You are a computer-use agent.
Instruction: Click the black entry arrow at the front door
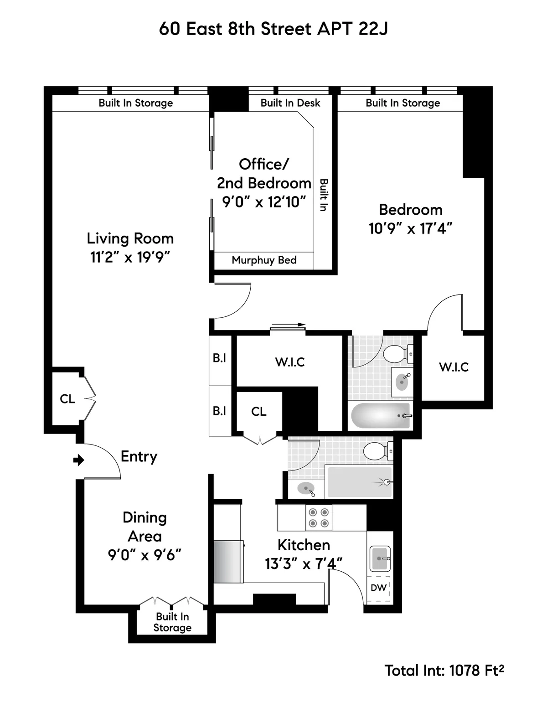click(x=79, y=460)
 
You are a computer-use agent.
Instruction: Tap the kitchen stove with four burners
click(x=318, y=517)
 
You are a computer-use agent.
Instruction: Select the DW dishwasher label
click(x=378, y=588)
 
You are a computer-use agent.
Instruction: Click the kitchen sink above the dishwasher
click(x=380, y=558)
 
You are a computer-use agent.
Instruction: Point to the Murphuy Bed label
click(x=264, y=260)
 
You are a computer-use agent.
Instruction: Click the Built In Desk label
click(x=290, y=103)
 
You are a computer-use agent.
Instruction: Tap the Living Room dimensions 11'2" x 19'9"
click(x=130, y=258)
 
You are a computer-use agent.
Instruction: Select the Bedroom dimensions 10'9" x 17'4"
click(x=410, y=228)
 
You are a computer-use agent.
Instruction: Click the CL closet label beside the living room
click(x=67, y=399)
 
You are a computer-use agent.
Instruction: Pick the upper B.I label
click(x=220, y=358)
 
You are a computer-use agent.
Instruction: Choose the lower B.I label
click(x=220, y=411)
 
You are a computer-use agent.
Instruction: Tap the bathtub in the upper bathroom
click(x=381, y=415)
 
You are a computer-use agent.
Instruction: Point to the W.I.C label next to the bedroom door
click(x=454, y=367)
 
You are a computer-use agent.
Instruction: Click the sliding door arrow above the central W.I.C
click(x=288, y=325)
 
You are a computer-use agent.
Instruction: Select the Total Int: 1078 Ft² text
click(x=444, y=671)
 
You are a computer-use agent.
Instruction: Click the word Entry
click(x=139, y=456)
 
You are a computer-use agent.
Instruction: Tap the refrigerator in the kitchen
click(x=228, y=561)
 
